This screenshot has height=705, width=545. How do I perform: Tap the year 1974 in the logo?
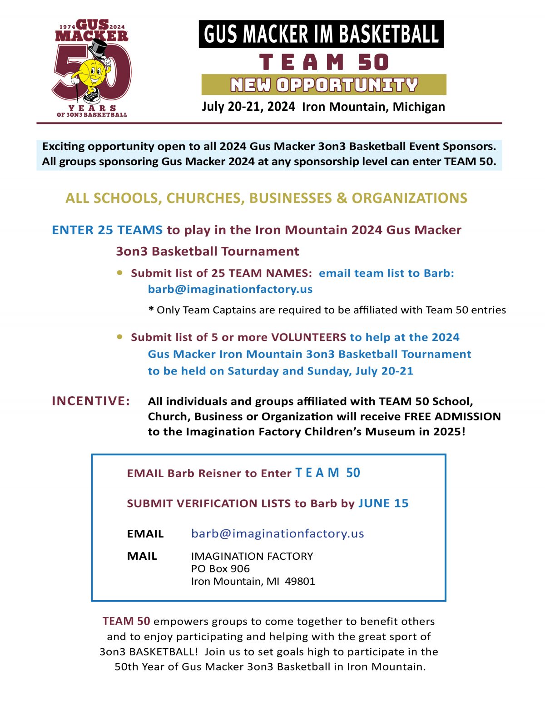(67, 27)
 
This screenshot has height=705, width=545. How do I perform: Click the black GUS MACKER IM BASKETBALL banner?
(321, 34)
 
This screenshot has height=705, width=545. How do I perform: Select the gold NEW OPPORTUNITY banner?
(324, 85)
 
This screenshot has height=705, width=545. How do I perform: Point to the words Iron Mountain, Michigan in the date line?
(373, 107)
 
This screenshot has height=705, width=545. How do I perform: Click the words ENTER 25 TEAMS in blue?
(107, 230)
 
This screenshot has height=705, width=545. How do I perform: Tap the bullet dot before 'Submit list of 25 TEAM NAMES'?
(120, 273)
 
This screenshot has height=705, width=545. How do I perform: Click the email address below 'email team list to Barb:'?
(230, 289)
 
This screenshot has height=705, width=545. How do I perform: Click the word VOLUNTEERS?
(308, 337)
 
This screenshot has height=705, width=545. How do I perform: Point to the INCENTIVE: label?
(91, 401)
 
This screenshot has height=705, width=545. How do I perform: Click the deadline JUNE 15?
(383, 503)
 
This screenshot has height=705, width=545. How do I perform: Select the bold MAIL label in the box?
(142, 556)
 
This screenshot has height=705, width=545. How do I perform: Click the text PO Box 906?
(220, 568)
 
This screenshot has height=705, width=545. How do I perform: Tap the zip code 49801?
(300, 581)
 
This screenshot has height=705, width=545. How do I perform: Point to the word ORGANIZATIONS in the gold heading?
(409, 198)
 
